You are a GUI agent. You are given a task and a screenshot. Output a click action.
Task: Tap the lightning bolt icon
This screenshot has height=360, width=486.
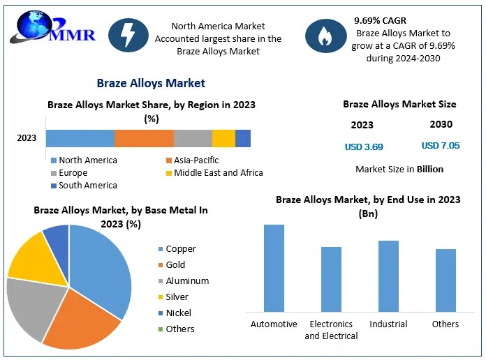128,35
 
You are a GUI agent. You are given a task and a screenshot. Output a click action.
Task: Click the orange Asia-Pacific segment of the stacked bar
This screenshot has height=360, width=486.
144,138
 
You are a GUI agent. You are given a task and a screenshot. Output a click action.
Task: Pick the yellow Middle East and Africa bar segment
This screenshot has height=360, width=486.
223,138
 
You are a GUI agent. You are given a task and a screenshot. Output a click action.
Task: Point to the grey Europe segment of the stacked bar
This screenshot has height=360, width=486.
193,138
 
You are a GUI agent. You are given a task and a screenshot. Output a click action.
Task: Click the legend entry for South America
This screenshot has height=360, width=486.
83,186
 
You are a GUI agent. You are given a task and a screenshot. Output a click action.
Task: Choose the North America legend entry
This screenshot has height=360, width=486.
83,160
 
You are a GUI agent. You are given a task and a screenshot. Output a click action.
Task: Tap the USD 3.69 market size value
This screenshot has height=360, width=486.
364,147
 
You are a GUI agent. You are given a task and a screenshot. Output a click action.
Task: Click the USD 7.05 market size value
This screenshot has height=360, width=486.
441,146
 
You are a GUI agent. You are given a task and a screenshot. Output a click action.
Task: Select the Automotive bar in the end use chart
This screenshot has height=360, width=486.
274,268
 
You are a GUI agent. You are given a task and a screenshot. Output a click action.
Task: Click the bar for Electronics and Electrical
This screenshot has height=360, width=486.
331,279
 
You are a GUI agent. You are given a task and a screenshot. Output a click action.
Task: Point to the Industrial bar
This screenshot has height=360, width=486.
388,276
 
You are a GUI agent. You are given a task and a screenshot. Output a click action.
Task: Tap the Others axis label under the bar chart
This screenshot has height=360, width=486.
445,324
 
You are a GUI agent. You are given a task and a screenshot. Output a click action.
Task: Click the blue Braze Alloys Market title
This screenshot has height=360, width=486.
151,83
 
